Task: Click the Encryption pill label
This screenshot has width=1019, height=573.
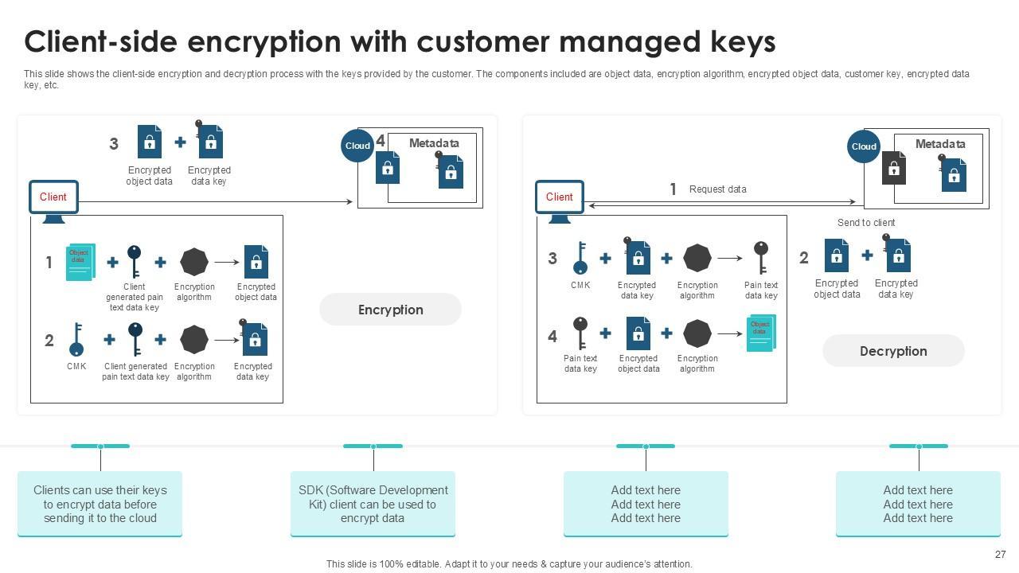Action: tap(390, 310)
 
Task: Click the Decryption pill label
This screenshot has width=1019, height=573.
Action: tap(893, 351)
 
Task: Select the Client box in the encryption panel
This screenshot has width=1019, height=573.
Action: tap(53, 197)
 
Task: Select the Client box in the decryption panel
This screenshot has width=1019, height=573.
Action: tap(560, 197)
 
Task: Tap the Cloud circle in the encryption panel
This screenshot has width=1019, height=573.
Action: tap(357, 146)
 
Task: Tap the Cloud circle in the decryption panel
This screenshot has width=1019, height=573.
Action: tap(864, 146)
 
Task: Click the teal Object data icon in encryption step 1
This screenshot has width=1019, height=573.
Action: tap(80, 262)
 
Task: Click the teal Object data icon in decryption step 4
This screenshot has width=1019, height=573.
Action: tap(760, 333)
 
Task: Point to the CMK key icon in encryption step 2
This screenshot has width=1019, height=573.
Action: tap(76, 340)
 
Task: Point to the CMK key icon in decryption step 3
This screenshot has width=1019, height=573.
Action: tap(580, 258)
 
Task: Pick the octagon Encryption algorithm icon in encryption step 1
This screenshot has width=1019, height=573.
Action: tap(193, 262)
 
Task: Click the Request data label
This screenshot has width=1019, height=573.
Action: tap(717, 189)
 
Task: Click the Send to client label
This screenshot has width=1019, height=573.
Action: tap(865, 223)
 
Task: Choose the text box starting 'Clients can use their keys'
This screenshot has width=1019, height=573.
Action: tap(100, 504)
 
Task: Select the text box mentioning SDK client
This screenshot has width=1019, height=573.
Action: tap(373, 504)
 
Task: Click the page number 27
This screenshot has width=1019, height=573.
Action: tap(1001, 555)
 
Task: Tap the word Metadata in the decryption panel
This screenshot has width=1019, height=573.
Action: tap(940, 144)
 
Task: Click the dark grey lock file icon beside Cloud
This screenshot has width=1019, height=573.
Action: tap(893, 168)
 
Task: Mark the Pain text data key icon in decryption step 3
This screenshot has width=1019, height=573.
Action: tap(761, 258)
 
